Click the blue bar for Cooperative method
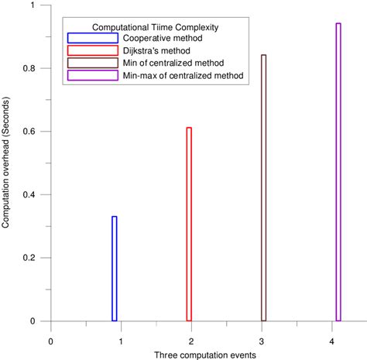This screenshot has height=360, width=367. (115, 269)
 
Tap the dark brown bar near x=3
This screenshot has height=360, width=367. (264, 188)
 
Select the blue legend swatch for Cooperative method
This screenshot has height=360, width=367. (84, 38)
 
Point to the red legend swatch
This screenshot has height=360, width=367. (84, 50)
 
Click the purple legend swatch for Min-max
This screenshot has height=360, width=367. (84, 75)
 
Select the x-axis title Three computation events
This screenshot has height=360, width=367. (194, 354)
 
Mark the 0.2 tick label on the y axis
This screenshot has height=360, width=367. (34, 258)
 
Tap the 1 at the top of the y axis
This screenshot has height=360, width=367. (39, 5)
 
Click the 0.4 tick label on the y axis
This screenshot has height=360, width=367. (34, 194)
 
